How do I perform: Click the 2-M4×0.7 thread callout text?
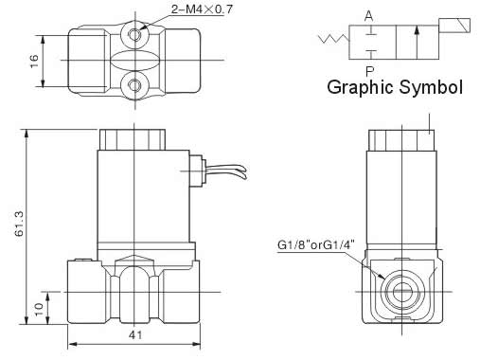tap(202, 9)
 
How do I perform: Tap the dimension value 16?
tap(34, 61)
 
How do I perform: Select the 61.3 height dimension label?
tap(19, 224)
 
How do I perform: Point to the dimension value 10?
tap(39, 309)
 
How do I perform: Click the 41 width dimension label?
tap(135, 335)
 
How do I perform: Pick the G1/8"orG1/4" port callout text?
tap(316, 245)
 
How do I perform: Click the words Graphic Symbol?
tap(395, 87)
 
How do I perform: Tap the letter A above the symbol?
tap(368, 16)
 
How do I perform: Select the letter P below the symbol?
tap(369, 72)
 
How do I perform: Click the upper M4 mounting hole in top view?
tap(135, 34)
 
